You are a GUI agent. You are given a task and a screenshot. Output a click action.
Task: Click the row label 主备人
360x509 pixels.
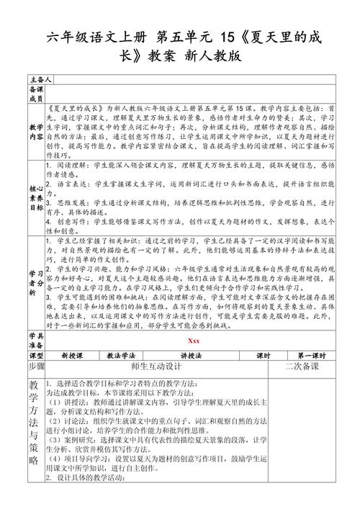(x=40, y=77)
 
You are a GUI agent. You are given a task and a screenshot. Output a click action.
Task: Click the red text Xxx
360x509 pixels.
(x=194, y=341)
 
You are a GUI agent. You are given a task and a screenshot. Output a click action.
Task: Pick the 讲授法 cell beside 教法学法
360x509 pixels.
(x=193, y=356)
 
